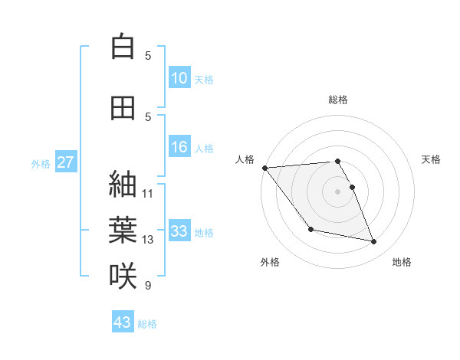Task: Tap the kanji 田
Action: click(x=123, y=107)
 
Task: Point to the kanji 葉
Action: click(x=123, y=230)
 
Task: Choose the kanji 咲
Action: click(x=123, y=276)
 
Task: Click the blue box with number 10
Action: click(x=179, y=78)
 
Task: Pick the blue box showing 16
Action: click(x=179, y=148)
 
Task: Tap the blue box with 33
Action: click(x=179, y=232)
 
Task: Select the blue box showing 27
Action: click(x=66, y=162)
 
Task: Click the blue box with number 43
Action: click(x=123, y=322)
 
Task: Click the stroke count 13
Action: click(x=148, y=240)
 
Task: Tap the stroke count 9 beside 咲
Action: click(x=148, y=286)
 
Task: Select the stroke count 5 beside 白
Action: click(x=148, y=56)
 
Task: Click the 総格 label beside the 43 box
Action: click(x=147, y=324)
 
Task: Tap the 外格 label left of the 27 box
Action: click(x=41, y=163)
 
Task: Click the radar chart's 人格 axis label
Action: click(x=245, y=159)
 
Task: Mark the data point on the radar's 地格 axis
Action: click(x=374, y=242)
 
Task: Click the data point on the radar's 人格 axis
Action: click(x=264, y=168)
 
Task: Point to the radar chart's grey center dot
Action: click(x=337, y=191)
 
